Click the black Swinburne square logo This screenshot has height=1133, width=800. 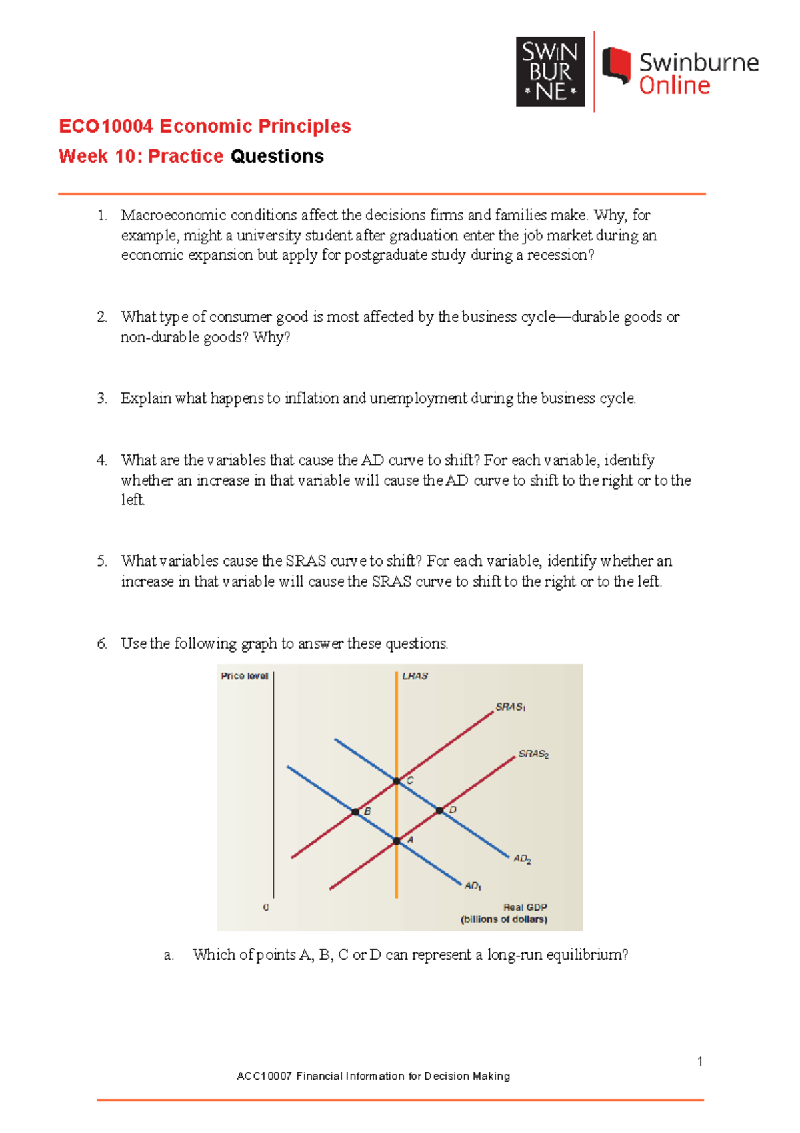(x=550, y=71)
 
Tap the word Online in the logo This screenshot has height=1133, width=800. (x=674, y=86)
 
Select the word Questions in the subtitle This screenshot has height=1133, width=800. (x=277, y=156)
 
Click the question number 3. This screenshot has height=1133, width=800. (x=101, y=398)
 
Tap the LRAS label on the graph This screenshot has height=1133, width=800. (x=415, y=676)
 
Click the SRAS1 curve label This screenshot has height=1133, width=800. (x=511, y=707)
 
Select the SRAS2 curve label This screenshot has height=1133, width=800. (x=533, y=754)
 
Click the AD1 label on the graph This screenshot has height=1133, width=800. (x=473, y=885)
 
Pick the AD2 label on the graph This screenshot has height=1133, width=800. (x=522, y=859)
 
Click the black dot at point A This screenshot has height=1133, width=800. (x=397, y=841)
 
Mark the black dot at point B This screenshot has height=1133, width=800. (x=355, y=812)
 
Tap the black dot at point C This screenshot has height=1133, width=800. (x=397, y=781)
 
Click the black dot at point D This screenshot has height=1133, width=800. (x=439, y=811)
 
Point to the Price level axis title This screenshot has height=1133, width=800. (x=244, y=676)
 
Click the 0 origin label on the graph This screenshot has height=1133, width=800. (x=266, y=907)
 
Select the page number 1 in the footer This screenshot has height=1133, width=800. (x=699, y=1062)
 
